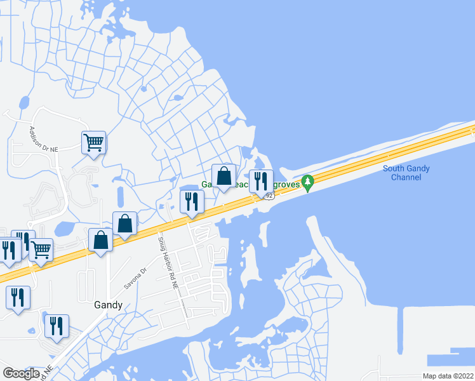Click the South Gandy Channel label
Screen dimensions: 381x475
406,173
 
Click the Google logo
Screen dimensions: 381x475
21,373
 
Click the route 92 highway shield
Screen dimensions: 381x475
269,196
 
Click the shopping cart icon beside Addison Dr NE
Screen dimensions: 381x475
93,142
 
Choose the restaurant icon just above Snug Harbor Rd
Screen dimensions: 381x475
192,201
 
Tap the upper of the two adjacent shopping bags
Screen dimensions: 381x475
125,224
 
